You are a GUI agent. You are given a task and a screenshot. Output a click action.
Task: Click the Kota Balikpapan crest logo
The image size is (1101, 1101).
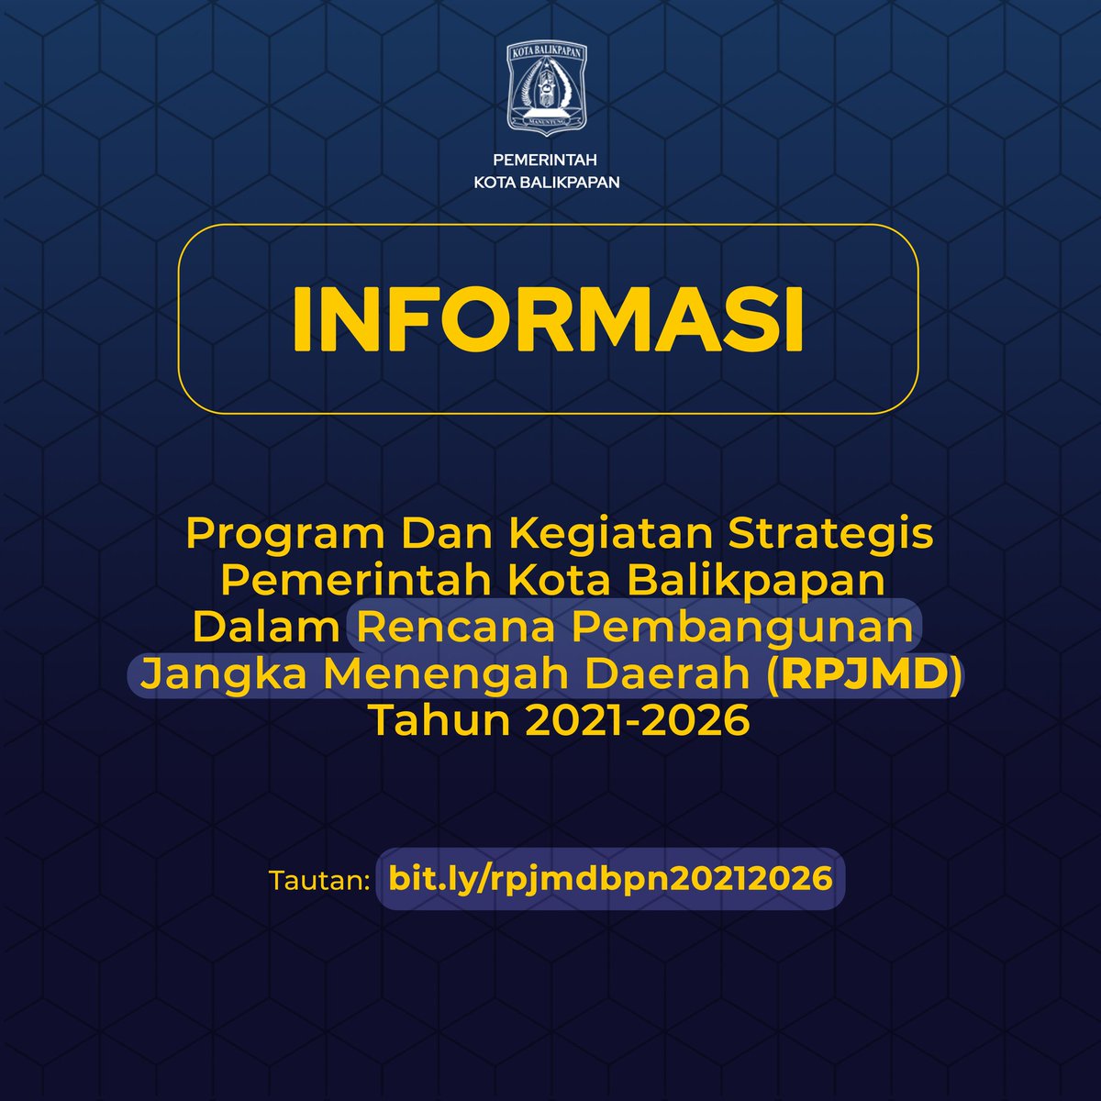click(x=548, y=88)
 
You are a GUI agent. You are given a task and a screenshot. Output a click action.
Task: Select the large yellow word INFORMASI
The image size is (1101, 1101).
click(x=548, y=320)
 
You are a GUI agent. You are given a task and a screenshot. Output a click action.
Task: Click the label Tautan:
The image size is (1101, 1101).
click(x=318, y=880)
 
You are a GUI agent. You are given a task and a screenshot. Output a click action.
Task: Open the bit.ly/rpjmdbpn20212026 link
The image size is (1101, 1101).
click(x=610, y=878)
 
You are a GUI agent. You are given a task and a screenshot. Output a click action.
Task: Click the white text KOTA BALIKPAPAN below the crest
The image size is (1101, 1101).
click(x=547, y=183)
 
